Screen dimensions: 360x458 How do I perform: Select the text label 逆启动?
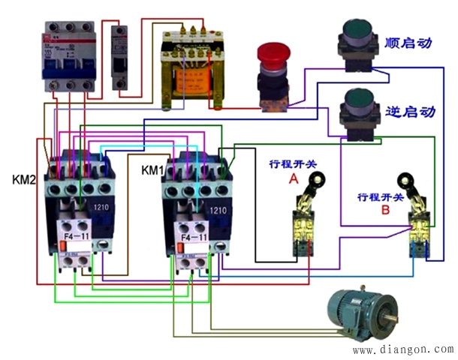click(409, 112)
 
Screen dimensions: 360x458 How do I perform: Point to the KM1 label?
click(153, 170)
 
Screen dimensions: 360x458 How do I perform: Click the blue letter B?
click(385, 211)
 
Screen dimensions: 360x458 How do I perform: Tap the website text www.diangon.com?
click(402, 349)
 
